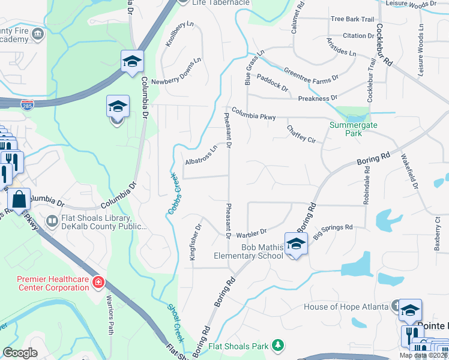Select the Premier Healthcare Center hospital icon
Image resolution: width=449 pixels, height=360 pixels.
point(98,282)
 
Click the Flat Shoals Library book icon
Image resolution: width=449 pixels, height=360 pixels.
point(52,222)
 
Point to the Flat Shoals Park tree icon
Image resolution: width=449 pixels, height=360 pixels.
point(277,344)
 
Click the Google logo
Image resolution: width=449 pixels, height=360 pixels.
point(20,353)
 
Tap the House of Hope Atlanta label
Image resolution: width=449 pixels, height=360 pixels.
point(346,307)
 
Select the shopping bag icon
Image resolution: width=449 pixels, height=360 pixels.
point(20,199)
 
